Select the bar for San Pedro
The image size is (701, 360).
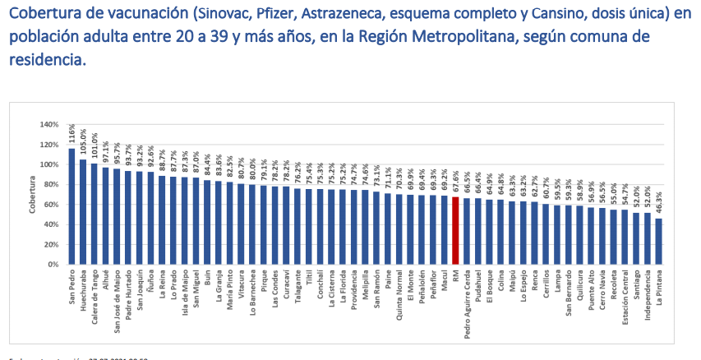click(x=71, y=206)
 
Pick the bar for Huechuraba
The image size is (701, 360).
click(x=83, y=212)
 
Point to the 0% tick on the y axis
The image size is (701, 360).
click(x=53, y=265)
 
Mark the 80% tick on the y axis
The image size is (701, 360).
click(x=50, y=185)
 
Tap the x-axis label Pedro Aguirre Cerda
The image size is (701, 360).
click(x=467, y=305)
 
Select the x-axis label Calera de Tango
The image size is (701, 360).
click(x=95, y=298)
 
